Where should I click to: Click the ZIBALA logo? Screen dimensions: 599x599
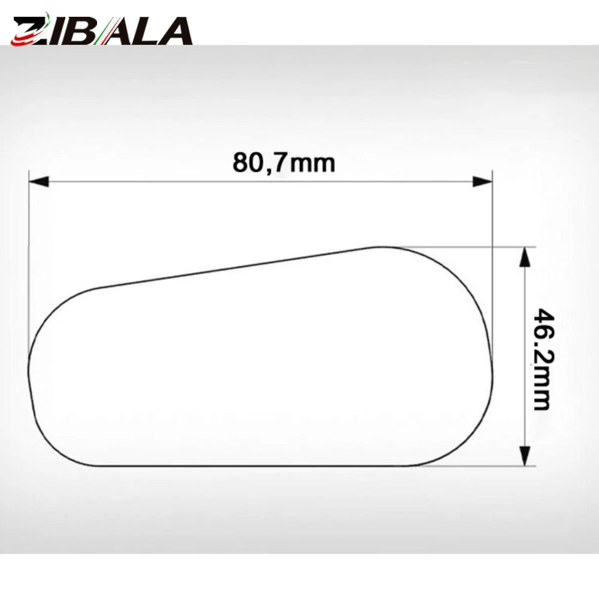102,29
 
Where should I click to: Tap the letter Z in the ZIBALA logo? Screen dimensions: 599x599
29,31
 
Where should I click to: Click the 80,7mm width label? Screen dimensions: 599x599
284,162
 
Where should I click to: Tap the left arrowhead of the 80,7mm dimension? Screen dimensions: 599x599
39,181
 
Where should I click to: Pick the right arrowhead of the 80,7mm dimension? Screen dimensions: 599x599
482,181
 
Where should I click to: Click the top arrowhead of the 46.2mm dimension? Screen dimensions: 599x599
526,257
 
